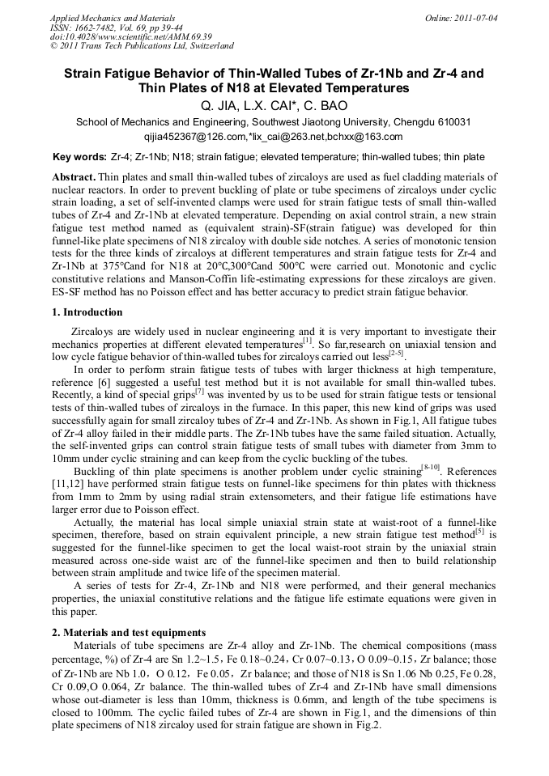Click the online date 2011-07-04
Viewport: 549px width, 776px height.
click(x=477, y=17)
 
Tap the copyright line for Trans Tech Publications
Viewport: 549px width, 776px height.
click(x=142, y=46)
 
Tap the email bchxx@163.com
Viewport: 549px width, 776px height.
click(x=368, y=137)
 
